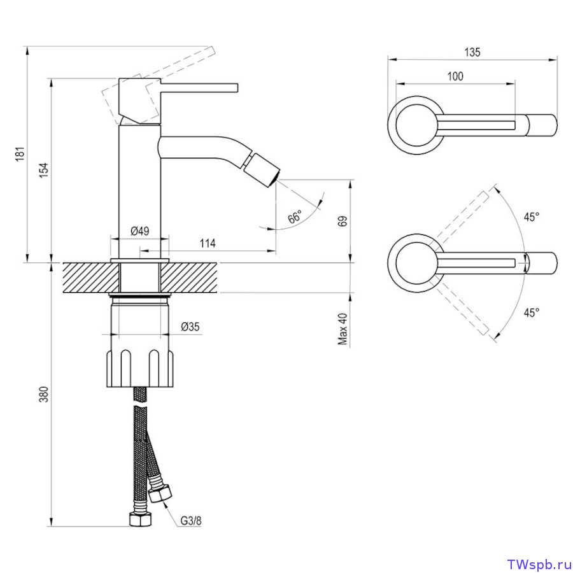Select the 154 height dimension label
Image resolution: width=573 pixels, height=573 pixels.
click(x=44, y=170)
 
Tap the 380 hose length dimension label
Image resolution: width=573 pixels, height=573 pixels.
click(x=44, y=394)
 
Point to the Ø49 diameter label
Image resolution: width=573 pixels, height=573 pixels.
click(x=140, y=231)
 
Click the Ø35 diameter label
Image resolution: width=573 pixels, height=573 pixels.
click(x=190, y=327)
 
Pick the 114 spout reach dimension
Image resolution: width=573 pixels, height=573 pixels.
click(x=208, y=243)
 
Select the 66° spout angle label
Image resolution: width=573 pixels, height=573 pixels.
click(x=295, y=216)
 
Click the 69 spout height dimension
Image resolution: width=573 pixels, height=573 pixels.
click(x=343, y=221)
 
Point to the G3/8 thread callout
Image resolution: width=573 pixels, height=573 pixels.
click(x=190, y=520)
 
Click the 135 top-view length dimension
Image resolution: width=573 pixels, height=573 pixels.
click(x=472, y=53)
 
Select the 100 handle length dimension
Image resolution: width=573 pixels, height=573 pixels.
click(x=455, y=76)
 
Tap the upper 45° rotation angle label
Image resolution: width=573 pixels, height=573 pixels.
click(x=532, y=217)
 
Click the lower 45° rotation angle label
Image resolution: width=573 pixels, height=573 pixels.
click(x=532, y=313)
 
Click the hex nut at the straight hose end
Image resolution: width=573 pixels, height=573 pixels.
click(x=140, y=520)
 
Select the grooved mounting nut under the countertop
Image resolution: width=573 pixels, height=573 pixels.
click(x=139, y=369)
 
